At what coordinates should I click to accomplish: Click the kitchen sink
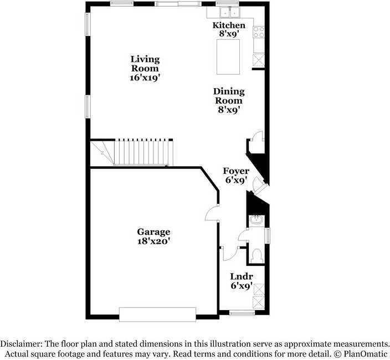tap(228, 12)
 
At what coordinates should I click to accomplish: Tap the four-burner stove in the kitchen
tap(259, 32)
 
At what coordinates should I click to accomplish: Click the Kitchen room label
tap(229, 25)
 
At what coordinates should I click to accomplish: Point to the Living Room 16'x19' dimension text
tap(145, 78)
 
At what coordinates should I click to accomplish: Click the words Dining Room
tap(229, 96)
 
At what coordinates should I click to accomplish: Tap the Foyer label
tap(236, 171)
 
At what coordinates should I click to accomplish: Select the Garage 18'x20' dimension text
tap(153, 241)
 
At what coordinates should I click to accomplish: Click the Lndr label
tap(242, 276)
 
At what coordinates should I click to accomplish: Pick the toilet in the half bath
tap(256, 255)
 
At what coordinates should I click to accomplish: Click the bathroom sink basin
tap(256, 220)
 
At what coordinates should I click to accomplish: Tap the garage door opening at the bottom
tap(157, 314)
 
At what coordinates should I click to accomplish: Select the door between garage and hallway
tap(211, 213)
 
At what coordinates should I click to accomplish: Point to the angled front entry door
tap(258, 186)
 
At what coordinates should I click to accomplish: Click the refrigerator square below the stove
tap(259, 59)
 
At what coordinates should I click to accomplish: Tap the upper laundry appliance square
tap(259, 289)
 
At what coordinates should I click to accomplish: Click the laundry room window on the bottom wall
tap(242, 313)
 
